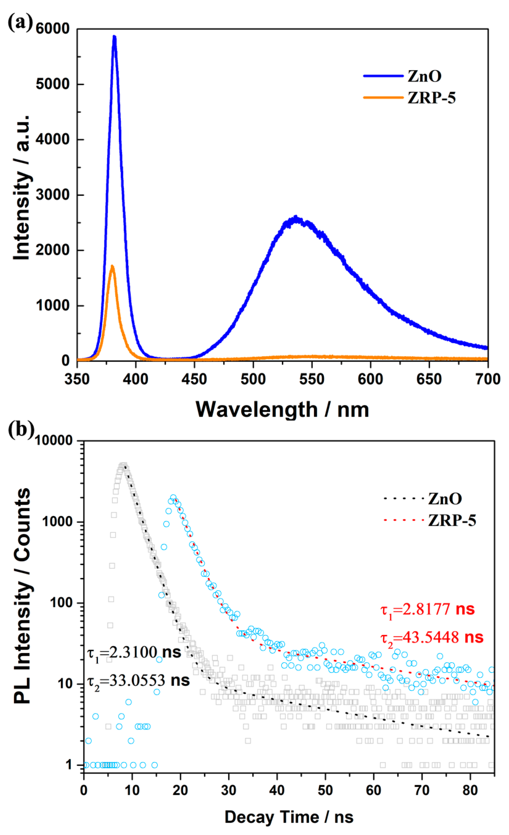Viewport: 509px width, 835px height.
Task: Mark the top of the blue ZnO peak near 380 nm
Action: (x=114, y=37)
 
